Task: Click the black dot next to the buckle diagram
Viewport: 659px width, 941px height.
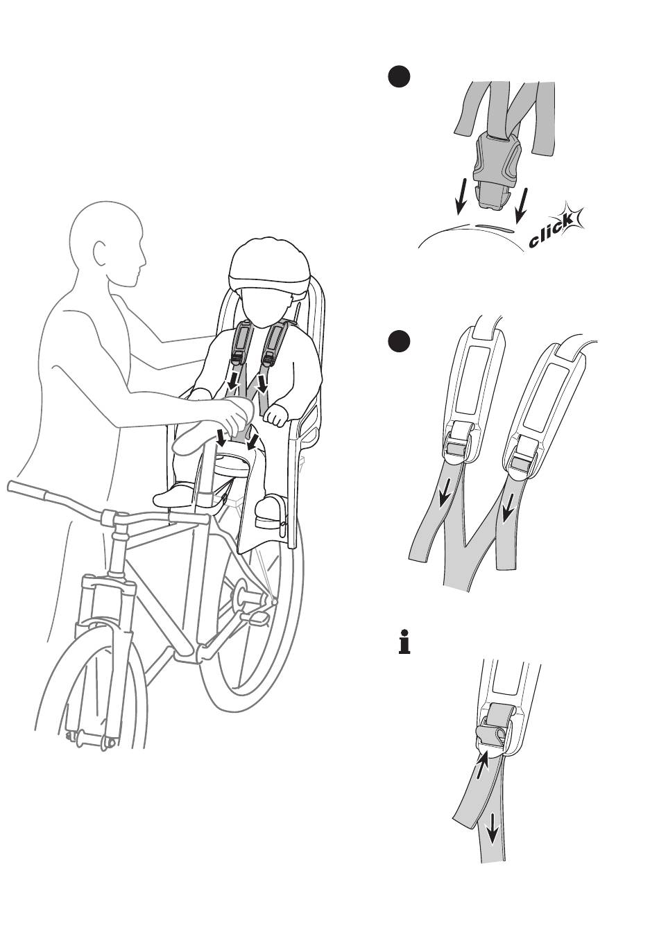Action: pos(399,76)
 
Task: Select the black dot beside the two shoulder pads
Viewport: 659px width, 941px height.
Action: pos(399,341)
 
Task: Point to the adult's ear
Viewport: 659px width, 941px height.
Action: pos(100,252)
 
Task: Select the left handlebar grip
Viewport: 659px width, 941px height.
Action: pos(28,490)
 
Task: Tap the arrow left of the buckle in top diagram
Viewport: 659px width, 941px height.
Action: pos(461,196)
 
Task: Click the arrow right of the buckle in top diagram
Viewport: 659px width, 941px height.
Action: pos(522,205)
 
